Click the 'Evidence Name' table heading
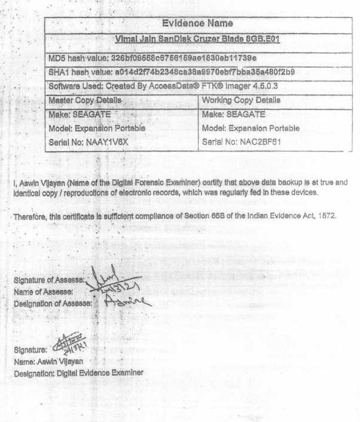[x=197, y=24]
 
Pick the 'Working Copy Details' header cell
[x=242, y=100]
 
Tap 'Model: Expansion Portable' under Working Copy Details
[x=251, y=128]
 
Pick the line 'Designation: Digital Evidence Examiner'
[x=78, y=372]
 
